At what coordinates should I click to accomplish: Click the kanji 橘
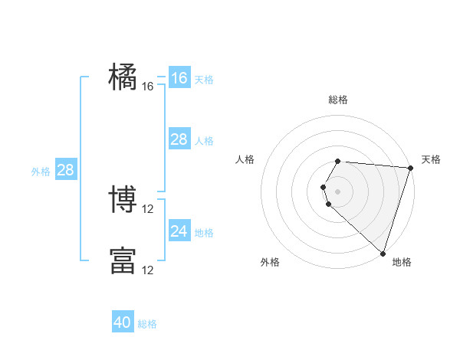123,77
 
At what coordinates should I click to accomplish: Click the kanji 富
123,260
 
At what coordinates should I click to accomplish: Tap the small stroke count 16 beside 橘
148,87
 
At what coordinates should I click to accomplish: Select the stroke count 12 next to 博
148,209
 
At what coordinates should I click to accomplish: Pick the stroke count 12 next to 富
148,270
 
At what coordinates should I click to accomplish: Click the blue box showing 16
179,78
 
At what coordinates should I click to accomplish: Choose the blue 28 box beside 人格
179,139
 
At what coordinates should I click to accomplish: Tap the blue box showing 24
179,231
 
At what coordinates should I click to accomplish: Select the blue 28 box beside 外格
65,170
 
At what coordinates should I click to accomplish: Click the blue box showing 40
123,322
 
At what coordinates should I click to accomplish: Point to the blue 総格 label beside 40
147,324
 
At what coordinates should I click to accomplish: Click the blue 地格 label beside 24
204,233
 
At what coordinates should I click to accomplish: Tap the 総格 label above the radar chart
338,100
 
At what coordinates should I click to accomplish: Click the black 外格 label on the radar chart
270,262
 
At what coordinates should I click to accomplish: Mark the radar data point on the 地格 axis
383,253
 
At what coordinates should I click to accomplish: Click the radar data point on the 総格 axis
338,162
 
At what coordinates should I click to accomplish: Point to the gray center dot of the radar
338,191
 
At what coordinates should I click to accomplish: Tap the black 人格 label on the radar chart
245,159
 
